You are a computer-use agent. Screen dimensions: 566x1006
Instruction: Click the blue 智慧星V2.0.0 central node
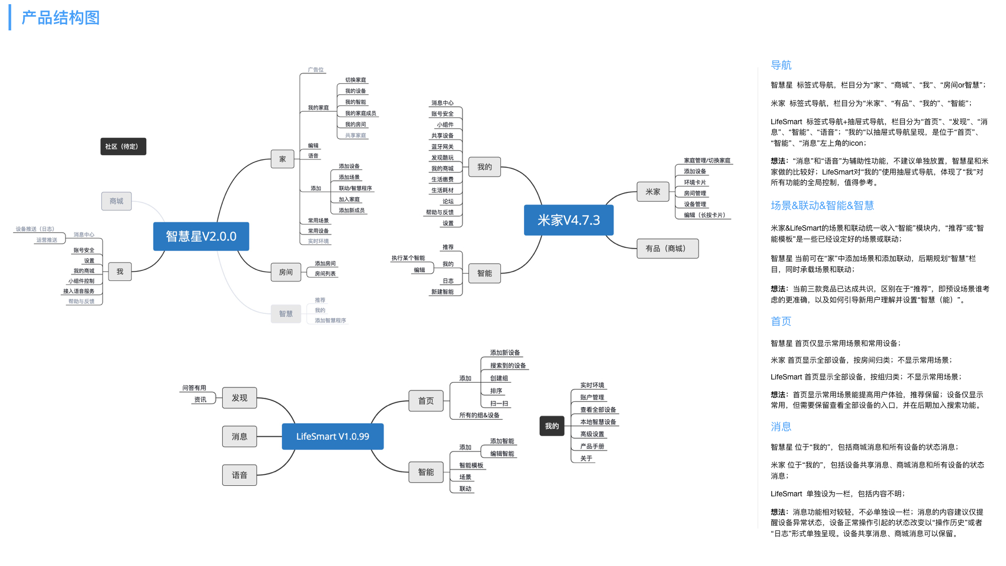(201, 236)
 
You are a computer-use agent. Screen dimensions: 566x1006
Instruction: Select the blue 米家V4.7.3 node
(568, 220)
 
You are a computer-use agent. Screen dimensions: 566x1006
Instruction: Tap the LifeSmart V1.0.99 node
(332, 437)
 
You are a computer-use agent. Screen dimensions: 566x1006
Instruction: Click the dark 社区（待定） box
(123, 147)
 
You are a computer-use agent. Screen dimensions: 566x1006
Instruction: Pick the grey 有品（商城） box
(667, 248)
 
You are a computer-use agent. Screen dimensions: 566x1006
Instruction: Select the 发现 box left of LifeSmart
(239, 398)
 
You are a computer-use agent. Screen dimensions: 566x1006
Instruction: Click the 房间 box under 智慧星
(286, 273)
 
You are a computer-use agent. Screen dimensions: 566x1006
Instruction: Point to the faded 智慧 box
(286, 314)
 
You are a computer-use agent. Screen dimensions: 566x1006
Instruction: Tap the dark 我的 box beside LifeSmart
(552, 426)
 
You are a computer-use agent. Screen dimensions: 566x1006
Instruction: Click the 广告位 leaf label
(315, 70)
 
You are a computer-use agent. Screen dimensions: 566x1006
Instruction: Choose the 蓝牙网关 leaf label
(442, 147)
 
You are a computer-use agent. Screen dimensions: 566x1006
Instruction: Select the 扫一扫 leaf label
(499, 404)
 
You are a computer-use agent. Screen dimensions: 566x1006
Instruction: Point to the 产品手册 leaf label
(592, 447)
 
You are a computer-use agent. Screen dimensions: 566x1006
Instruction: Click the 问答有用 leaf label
(194, 388)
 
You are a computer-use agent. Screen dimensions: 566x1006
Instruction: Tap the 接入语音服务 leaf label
(79, 291)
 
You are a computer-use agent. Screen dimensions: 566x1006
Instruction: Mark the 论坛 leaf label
(447, 201)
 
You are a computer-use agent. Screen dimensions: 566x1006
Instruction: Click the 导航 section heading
(781, 66)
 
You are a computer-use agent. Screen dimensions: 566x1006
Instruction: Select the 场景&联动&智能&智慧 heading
(822, 205)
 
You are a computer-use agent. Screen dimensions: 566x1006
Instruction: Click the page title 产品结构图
(60, 18)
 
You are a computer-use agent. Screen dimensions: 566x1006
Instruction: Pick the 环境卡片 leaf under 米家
(695, 182)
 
